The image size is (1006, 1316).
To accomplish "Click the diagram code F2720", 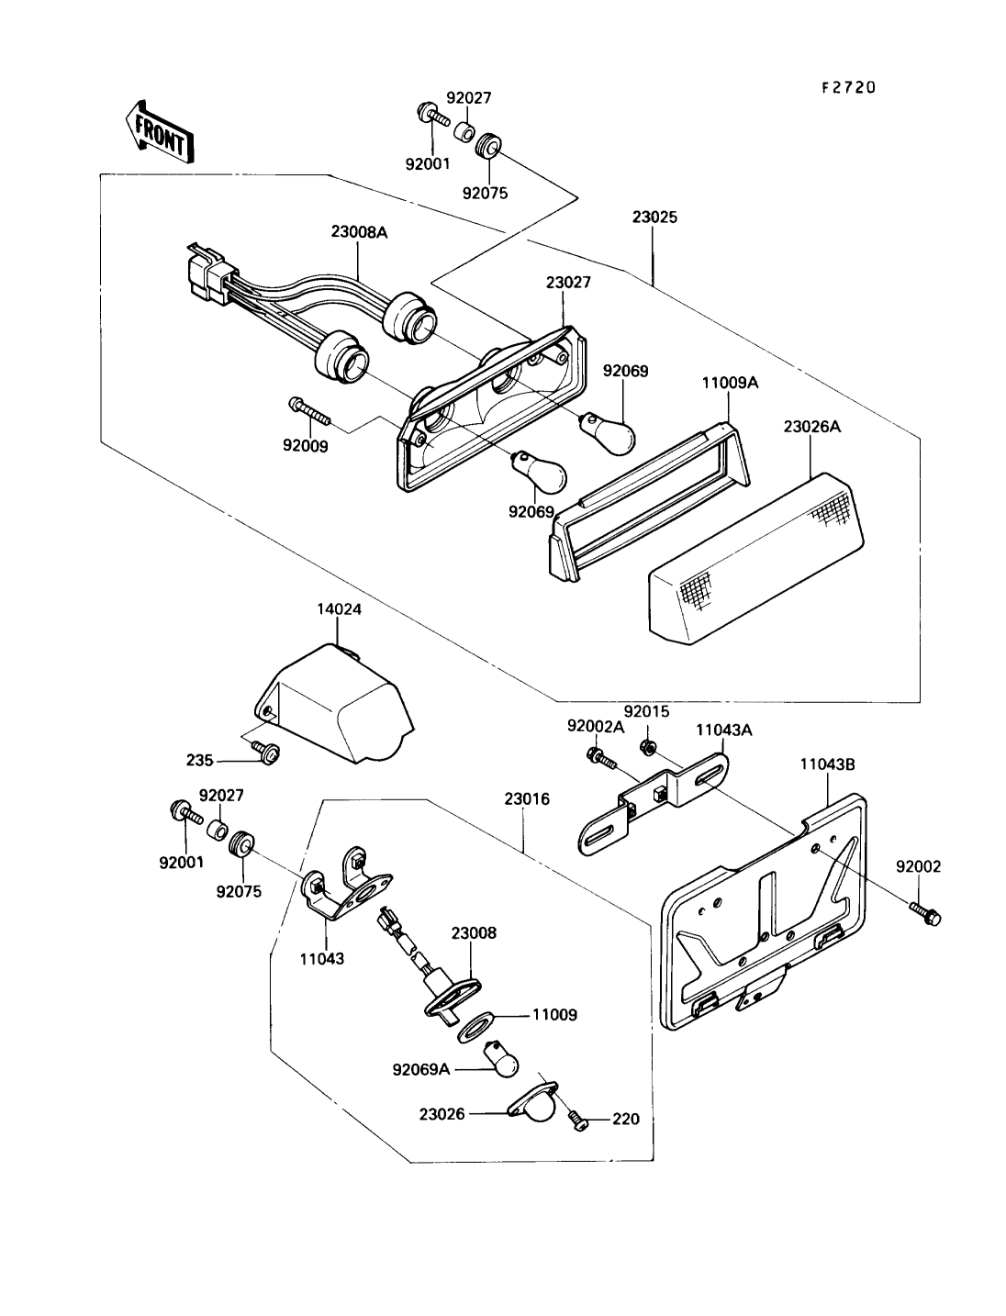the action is pyautogui.click(x=848, y=87).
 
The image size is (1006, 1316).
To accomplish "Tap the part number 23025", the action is pyautogui.click(x=654, y=217).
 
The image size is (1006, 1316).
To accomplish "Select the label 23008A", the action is pyautogui.click(x=359, y=232).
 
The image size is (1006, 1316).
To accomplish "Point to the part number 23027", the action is pyautogui.click(x=568, y=282).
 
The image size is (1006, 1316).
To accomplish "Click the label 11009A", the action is pyautogui.click(x=731, y=382).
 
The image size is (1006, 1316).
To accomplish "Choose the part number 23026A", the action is pyautogui.click(x=811, y=427).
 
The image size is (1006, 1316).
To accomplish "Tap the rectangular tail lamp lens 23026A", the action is pyautogui.click(x=756, y=558).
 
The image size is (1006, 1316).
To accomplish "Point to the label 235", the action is pyautogui.click(x=200, y=760).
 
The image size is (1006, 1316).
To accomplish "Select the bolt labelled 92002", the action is pyautogui.click(x=925, y=930).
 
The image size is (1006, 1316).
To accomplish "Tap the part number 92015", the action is pyautogui.click(x=646, y=711).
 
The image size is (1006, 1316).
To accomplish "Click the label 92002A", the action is pyautogui.click(x=596, y=726).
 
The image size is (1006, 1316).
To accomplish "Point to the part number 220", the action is pyautogui.click(x=625, y=1119).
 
